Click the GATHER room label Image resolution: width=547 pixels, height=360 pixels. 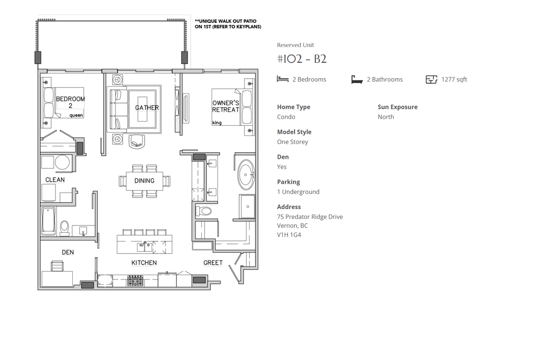coord(147,108)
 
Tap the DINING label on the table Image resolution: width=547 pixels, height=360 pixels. coord(144,180)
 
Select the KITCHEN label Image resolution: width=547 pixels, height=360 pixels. coord(144,263)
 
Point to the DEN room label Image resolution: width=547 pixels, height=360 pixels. coord(68,252)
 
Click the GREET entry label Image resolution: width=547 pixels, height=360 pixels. coord(213,263)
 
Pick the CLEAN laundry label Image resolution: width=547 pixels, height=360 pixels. coord(55,180)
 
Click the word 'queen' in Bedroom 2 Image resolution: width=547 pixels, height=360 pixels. coord(76,115)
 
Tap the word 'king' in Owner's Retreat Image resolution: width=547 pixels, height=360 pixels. coord(217,123)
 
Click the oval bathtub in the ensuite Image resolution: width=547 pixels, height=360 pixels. coord(246,174)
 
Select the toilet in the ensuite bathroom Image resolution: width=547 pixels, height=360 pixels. coord(204,211)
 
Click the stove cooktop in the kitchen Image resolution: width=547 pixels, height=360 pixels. coord(135,280)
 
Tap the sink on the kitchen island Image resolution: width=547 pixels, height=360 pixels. coord(144,247)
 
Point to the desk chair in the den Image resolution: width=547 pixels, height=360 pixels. coord(57,266)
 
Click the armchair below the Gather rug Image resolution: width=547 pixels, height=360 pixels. coord(137,142)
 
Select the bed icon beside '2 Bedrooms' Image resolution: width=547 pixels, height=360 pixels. coord(282,79)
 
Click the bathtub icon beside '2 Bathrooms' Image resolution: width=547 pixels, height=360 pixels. coord(357,80)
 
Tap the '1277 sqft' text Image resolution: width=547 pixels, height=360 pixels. coord(454,80)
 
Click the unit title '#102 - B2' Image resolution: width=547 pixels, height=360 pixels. coord(302,59)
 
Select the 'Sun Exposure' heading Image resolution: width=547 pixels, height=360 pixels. coord(397,107)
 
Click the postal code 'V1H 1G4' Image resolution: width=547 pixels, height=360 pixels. coord(289,235)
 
